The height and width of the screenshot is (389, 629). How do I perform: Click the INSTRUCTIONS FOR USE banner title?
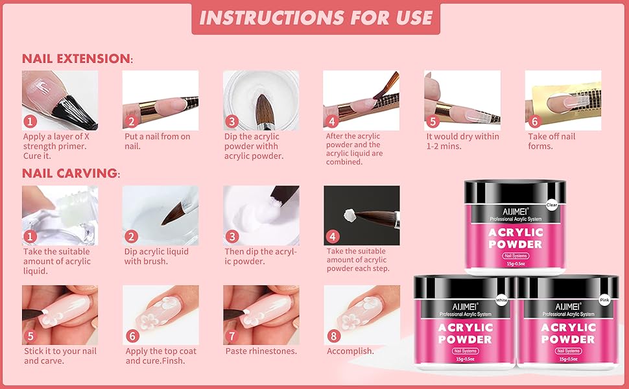pyautogui.click(x=316, y=18)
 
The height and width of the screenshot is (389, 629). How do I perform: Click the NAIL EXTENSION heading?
pyautogui.click(x=77, y=58)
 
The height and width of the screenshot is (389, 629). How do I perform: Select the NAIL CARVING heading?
pyautogui.click(x=70, y=173)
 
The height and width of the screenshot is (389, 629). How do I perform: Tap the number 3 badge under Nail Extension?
pyautogui.click(x=231, y=121)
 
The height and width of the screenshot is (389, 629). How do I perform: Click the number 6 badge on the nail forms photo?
pyautogui.click(x=534, y=121)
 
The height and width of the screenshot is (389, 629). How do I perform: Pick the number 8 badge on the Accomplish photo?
pyautogui.click(x=333, y=336)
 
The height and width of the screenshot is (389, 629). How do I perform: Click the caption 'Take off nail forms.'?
pyautogui.click(x=551, y=141)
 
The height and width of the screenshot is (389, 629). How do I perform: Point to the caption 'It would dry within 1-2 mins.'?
pyautogui.click(x=462, y=141)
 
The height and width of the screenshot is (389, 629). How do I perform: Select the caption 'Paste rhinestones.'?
pyautogui.click(x=261, y=351)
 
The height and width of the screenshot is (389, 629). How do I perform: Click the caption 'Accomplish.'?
pyautogui.click(x=350, y=351)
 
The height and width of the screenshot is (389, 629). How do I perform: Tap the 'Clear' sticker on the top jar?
pyautogui.click(x=551, y=204)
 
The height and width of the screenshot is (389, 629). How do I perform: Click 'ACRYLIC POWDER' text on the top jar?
pyautogui.click(x=516, y=239)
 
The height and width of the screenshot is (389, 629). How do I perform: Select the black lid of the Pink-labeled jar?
pyautogui.click(x=568, y=290)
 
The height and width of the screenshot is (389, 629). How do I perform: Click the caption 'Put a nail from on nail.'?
pyautogui.click(x=158, y=141)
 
